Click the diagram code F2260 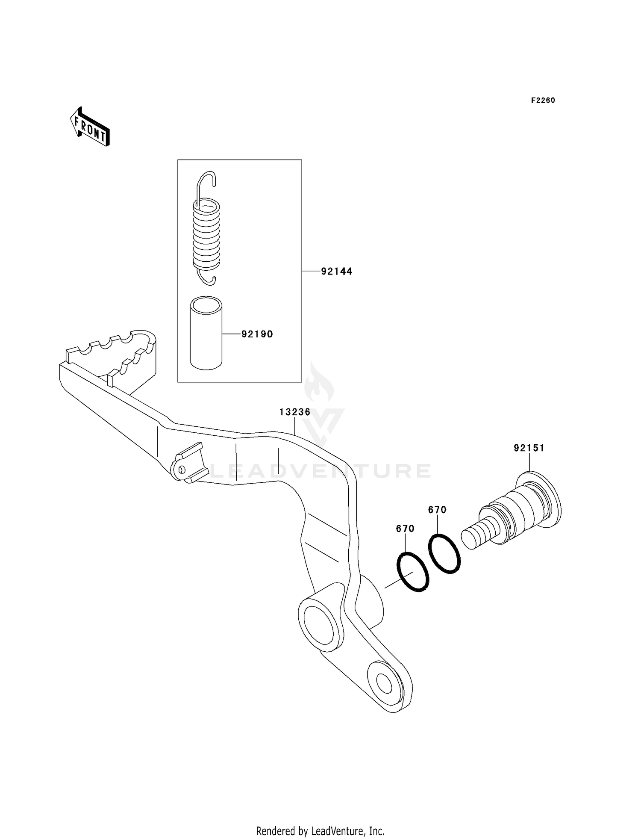click(543, 100)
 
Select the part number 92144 click(337, 271)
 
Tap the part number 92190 click(257, 334)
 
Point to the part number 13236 click(295, 412)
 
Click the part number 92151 click(529, 448)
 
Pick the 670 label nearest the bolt click(437, 509)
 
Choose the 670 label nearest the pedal click(405, 529)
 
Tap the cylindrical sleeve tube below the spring click(206, 334)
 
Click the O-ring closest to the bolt click(444, 553)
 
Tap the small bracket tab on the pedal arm click(191, 462)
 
